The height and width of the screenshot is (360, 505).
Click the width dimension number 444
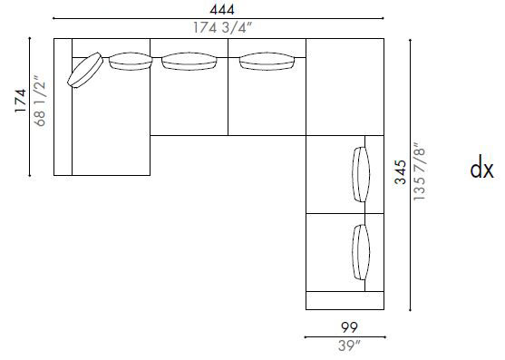tap(218, 8)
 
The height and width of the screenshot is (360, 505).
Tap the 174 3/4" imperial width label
tap(218, 28)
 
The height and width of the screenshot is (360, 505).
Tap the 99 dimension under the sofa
tap(345, 326)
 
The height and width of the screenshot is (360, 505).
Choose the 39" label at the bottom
tap(345, 345)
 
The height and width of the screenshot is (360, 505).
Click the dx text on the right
tap(481, 170)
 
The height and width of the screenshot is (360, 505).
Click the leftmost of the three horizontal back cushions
tap(131, 62)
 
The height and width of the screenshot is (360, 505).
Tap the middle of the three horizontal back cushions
tap(189, 62)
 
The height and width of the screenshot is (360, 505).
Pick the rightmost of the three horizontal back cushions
tap(267, 62)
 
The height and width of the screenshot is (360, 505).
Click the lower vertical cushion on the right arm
tap(360, 253)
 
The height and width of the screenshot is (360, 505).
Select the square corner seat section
tap(345, 86)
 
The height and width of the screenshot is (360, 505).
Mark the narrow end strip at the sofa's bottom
tap(345, 300)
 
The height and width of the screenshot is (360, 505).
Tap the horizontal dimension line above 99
tap(345, 336)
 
